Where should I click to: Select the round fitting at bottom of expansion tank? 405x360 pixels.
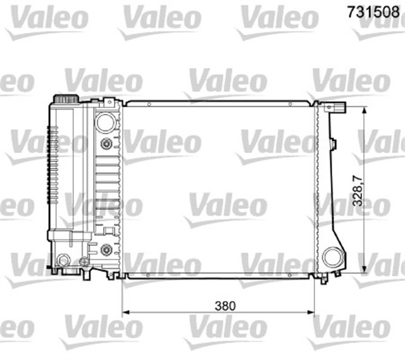click(63, 260)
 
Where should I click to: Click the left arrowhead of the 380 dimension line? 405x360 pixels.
click(125, 313)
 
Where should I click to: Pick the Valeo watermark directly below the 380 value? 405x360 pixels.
click(225, 329)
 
